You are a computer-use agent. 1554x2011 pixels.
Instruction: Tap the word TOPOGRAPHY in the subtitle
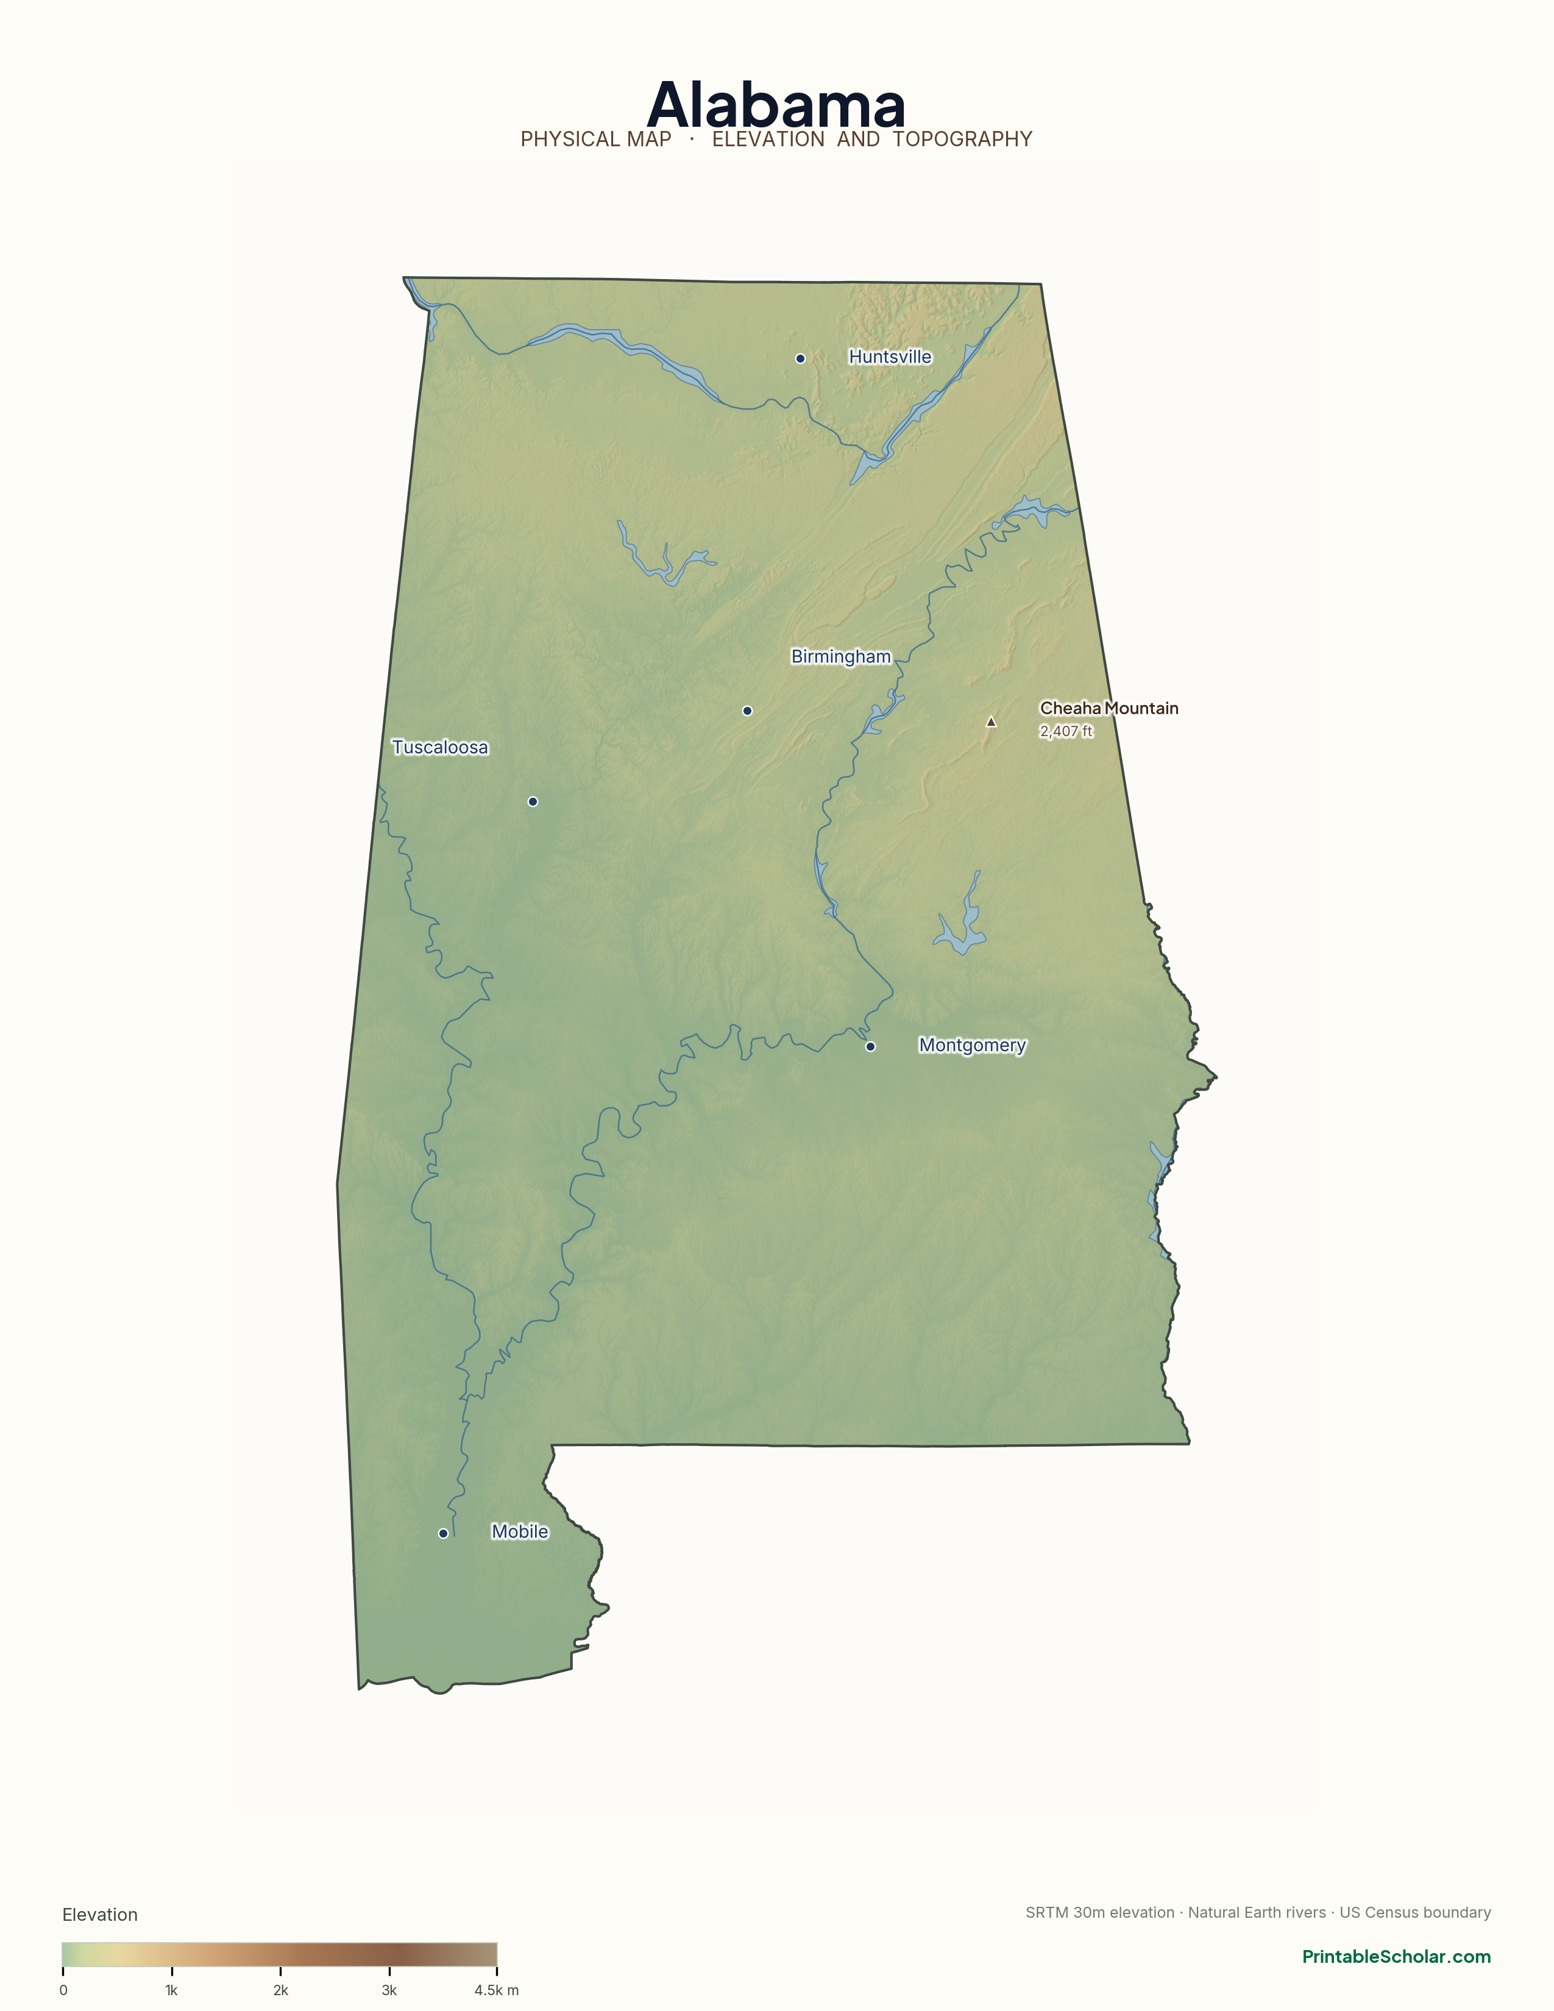click(x=962, y=139)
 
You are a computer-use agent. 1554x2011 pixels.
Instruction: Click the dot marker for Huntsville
click(x=800, y=358)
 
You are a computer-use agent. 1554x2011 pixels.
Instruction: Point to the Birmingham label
click(x=840, y=656)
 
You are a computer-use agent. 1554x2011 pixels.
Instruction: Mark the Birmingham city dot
click(x=747, y=711)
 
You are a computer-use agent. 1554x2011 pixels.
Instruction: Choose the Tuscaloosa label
click(x=440, y=747)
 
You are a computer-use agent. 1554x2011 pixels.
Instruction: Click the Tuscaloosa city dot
click(x=532, y=802)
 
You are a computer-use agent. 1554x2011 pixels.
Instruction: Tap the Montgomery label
click(x=971, y=1045)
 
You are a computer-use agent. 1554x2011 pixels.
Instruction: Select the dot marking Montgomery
click(x=870, y=1046)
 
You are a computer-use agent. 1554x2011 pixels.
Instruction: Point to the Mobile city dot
click(x=443, y=1533)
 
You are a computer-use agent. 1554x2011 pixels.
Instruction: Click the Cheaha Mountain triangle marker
click(x=990, y=722)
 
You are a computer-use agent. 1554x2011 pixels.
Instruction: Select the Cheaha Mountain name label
click(x=1109, y=708)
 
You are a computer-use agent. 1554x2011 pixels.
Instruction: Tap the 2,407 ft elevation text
click(x=1066, y=731)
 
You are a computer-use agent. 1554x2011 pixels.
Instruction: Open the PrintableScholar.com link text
click(x=1396, y=1957)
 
